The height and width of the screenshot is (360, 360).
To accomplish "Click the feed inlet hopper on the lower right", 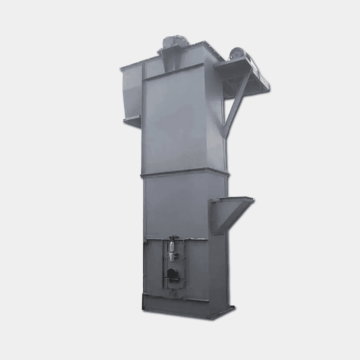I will pos(229,214).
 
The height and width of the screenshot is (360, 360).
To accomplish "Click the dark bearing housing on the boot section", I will pos(172,274).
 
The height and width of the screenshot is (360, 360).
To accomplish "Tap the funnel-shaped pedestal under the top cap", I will pos(171,60).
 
